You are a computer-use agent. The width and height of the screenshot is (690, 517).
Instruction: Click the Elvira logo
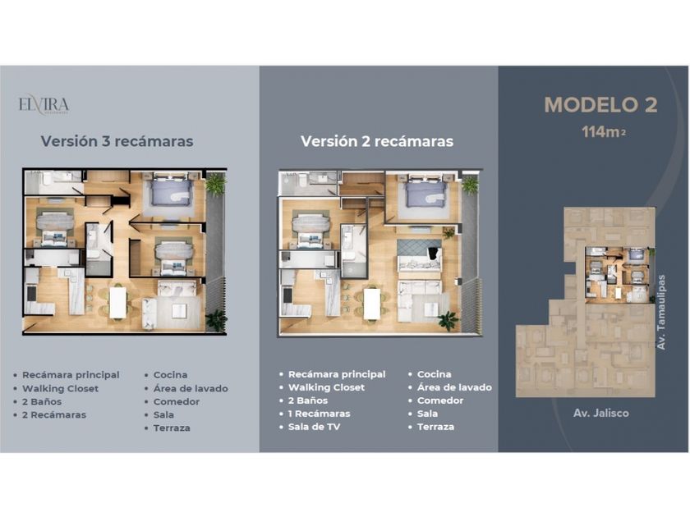[x=44, y=106]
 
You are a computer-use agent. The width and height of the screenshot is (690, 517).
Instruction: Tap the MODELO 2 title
[x=600, y=105]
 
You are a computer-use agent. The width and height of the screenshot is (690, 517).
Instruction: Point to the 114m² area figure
[x=603, y=131]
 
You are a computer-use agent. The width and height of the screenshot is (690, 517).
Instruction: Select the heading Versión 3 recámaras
[x=117, y=141]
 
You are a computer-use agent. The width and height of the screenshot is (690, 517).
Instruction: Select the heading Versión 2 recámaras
[x=377, y=141]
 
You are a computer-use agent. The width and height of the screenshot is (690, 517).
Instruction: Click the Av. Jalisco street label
[x=601, y=413]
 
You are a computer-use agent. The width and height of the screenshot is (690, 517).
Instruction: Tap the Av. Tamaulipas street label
[x=661, y=313]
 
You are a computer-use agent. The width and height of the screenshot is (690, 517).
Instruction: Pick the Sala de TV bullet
[x=314, y=427]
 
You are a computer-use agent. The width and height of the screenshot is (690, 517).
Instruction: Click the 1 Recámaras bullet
[x=319, y=414]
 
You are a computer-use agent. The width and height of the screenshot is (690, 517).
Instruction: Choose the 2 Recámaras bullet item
[x=54, y=414]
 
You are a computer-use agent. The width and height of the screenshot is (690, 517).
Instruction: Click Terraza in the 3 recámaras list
[x=172, y=428]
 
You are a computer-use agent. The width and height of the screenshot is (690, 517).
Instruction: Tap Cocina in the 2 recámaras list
[x=434, y=374]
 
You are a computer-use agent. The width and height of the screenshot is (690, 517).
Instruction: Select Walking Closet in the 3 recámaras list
[x=60, y=389]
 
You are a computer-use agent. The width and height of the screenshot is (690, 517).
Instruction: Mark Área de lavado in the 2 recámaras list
[x=454, y=387]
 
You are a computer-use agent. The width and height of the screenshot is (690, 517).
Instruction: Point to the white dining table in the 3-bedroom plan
[x=118, y=302]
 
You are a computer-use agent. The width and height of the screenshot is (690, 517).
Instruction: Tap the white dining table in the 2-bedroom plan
[x=372, y=303]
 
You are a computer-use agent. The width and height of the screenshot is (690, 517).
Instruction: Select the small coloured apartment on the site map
[x=618, y=275]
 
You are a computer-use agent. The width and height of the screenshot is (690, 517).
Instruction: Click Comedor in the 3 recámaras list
[x=177, y=401]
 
